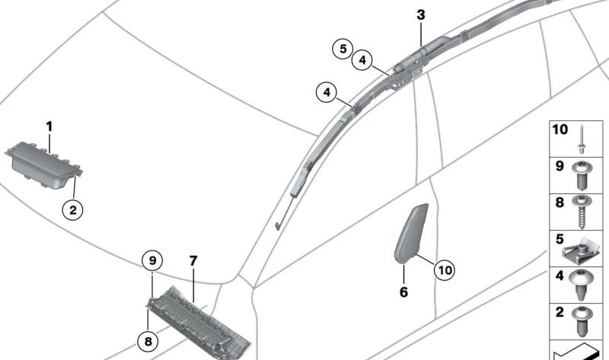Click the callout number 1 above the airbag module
[49, 126]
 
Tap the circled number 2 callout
[72, 211]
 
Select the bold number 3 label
[421, 15]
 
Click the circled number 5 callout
[343, 49]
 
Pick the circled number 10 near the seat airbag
[445, 269]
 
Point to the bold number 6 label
[404, 292]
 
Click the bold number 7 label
[193, 261]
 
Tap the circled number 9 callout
[152, 260]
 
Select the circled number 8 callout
[148, 342]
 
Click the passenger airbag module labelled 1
[43, 165]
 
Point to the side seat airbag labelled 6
[411, 234]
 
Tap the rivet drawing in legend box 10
[582, 139]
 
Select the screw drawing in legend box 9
[582, 176]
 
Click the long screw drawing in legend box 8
[582, 212]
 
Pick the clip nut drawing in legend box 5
[581, 251]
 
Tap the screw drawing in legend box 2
[582, 322]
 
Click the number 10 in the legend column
[560, 129]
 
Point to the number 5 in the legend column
[560, 239]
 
